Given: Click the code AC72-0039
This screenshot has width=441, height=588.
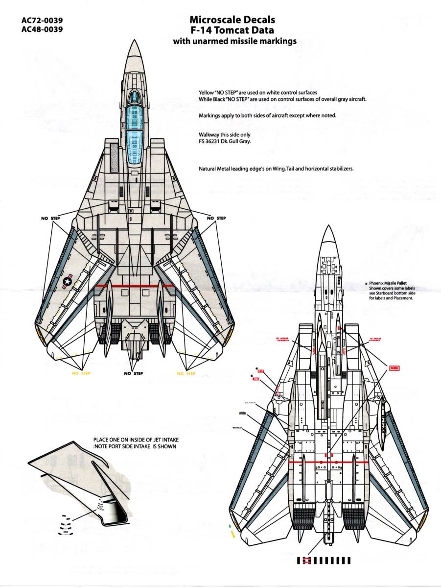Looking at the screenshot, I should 42,21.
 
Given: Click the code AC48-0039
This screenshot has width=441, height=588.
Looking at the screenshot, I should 42,30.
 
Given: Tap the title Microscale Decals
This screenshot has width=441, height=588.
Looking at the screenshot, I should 232,20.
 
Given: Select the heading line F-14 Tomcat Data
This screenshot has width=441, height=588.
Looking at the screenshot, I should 232,30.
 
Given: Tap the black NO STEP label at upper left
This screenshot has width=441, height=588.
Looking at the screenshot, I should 48,218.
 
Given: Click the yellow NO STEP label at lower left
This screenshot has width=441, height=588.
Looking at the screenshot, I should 81,373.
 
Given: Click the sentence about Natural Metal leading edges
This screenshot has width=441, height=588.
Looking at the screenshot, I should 276,169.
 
